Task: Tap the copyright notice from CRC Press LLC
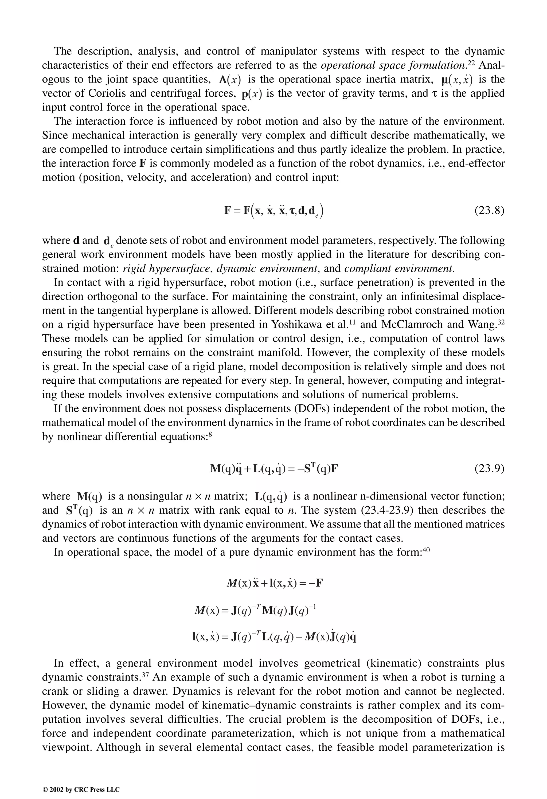pyautogui.click(x=81, y=780)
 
